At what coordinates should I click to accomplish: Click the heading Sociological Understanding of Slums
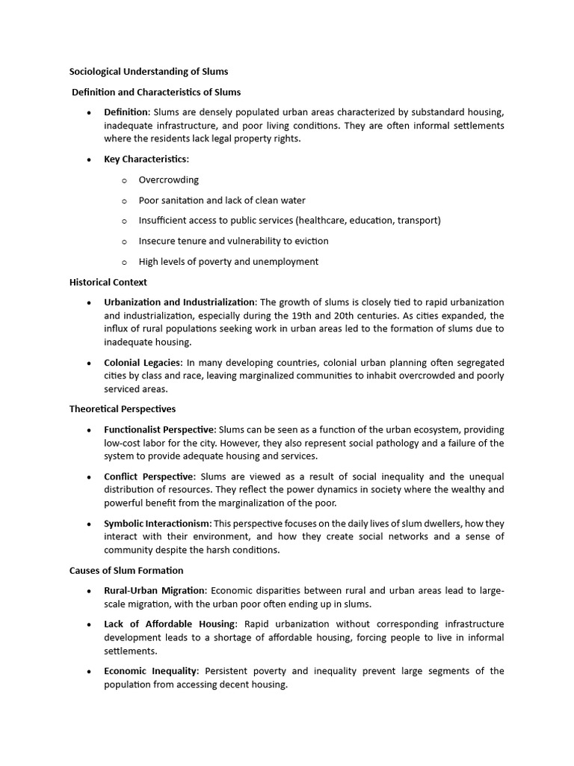tap(149, 72)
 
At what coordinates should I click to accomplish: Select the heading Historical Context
tap(108, 282)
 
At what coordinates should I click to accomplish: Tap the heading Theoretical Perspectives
tap(123, 409)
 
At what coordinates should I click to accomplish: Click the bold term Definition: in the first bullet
tap(127, 112)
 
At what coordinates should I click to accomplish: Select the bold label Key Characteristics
tap(146, 159)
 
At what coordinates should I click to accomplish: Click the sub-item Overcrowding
tap(169, 180)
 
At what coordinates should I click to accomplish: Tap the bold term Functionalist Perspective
tap(160, 429)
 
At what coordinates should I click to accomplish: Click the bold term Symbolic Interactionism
tap(158, 524)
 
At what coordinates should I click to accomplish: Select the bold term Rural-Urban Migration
tap(154, 591)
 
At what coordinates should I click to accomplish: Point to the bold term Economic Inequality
tap(151, 671)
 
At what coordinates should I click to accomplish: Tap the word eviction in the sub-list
tap(311, 241)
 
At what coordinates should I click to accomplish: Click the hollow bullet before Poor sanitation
tap(124, 201)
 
